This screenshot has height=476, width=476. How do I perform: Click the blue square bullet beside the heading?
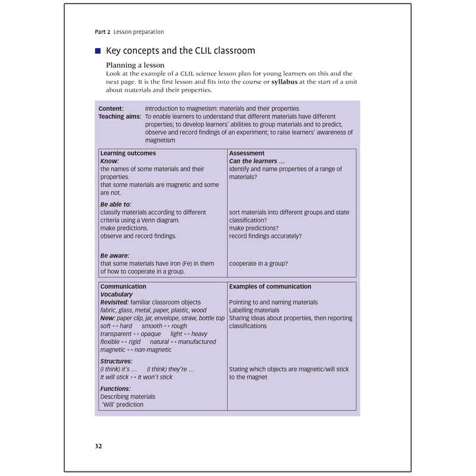tap(98, 51)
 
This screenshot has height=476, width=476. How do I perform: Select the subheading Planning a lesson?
tap(135, 65)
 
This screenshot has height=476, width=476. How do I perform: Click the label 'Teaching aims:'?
tap(120, 117)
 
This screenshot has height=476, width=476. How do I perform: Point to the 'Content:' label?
tap(111, 109)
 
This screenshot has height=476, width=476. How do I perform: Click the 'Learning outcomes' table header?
tap(128, 154)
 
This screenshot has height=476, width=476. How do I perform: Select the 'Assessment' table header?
tap(246, 154)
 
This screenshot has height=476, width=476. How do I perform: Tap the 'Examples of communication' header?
tap(270, 287)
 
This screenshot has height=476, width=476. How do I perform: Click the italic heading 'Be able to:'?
tap(115, 205)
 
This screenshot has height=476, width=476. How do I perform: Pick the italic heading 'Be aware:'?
tap(115, 256)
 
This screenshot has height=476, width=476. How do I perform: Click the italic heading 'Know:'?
tap(109, 161)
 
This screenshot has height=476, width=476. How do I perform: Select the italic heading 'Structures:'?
tap(116, 361)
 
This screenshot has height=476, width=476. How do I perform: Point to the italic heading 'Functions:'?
tap(116, 389)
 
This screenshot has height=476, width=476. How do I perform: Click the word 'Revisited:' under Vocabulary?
tap(114, 302)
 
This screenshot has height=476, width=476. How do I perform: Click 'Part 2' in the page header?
tap(102, 32)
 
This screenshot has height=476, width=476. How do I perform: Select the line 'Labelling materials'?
tap(254, 311)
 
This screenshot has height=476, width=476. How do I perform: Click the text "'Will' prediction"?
tap(122, 405)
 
